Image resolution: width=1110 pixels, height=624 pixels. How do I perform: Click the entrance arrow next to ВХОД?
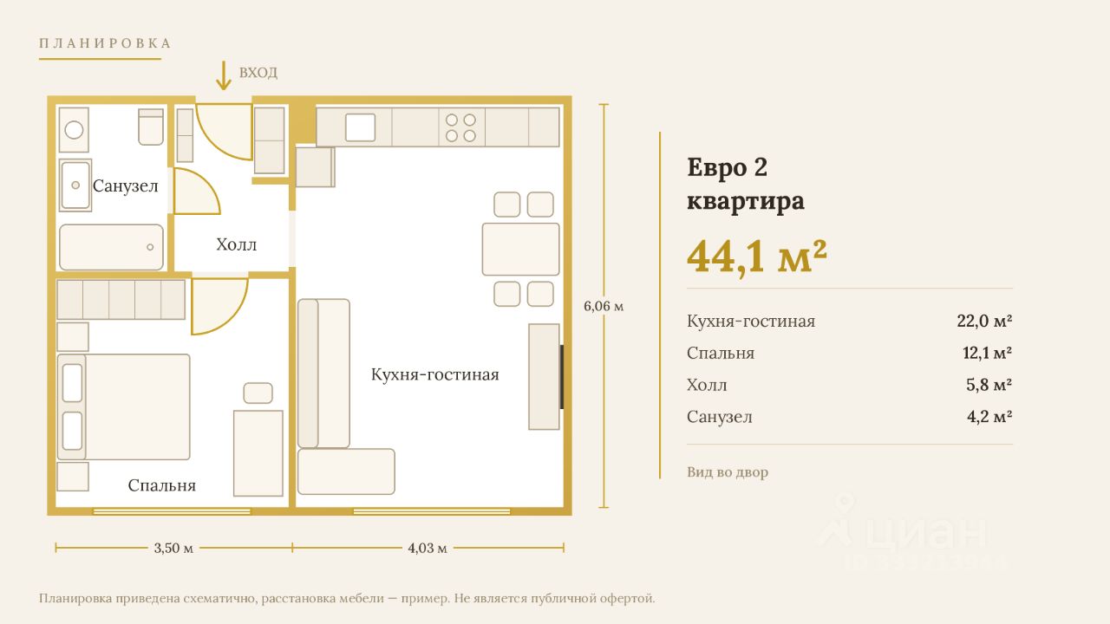[224, 75]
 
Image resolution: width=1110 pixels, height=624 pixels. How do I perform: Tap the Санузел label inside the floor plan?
[126, 186]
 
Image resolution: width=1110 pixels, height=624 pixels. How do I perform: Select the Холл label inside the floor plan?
[237, 244]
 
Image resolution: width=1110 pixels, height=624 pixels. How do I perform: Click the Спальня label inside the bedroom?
[161, 485]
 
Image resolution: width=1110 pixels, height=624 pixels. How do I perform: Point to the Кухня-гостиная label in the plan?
[435, 374]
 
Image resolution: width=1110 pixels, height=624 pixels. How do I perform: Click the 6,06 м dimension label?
[604, 306]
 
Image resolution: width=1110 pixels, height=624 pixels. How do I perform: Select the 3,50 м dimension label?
[173, 548]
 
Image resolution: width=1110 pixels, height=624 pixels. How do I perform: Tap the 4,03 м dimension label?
[428, 548]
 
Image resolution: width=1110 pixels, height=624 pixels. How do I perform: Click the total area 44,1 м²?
[757, 257]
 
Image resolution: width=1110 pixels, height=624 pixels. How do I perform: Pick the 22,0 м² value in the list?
[984, 321]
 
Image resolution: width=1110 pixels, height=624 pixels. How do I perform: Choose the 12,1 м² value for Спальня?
[987, 353]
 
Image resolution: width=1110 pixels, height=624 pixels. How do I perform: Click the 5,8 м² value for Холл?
[989, 385]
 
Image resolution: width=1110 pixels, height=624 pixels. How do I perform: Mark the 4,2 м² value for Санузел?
[989, 417]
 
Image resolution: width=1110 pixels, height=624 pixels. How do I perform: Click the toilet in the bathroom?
[151, 127]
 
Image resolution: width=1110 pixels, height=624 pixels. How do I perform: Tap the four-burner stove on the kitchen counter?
[460, 127]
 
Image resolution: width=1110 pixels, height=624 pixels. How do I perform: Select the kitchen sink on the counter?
[360, 127]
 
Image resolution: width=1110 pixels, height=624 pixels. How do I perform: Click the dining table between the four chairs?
[521, 249]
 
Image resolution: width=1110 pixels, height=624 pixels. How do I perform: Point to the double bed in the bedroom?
[123, 406]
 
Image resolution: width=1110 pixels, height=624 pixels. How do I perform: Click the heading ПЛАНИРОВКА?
[105, 43]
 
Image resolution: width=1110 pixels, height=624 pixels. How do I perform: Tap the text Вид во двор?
[728, 472]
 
